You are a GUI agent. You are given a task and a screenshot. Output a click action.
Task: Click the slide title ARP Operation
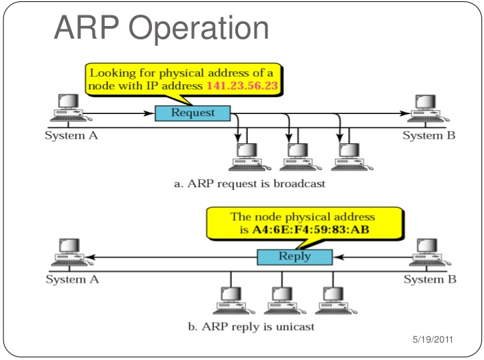coord(161,29)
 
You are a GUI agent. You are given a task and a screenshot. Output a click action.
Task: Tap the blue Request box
coord(193,113)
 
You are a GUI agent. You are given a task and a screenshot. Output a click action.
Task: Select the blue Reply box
coord(294,257)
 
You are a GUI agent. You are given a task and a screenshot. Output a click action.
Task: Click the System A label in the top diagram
coord(72,136)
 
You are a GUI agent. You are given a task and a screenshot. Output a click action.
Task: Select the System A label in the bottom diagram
coord(72,279)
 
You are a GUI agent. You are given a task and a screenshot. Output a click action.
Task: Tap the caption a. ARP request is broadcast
coord(249,183)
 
